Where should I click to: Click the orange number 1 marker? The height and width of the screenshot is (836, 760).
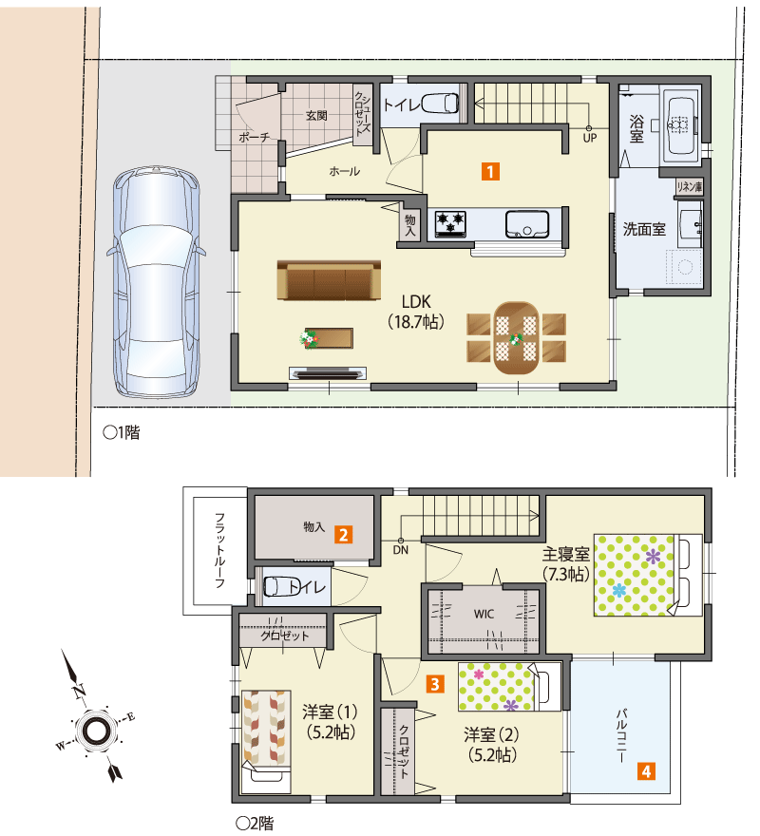[x=490, y=172]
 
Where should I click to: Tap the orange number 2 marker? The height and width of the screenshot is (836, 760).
[x=343, y=535]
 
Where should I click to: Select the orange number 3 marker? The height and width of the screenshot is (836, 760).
[x=435, y=684]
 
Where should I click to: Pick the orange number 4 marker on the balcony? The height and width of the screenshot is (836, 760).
[x=646, y=771]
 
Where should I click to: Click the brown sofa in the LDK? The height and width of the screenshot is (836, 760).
[x=329, y=280]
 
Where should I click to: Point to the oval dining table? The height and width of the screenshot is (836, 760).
[x=516, y=338]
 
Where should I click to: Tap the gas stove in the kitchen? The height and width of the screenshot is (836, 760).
[x=450, y=224]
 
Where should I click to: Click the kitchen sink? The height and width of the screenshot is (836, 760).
[x=527, y=224]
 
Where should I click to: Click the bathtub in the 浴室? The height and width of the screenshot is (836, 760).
[x=680, y=125]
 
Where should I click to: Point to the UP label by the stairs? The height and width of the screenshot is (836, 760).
[x=589, y=138]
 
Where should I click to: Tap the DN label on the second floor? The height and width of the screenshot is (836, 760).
[x=401, y=550]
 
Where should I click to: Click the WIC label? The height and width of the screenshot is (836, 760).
[x=484, y=614]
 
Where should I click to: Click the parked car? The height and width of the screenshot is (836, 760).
[x=156, y=281]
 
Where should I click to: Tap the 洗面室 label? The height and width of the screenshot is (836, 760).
[x=644, y=229]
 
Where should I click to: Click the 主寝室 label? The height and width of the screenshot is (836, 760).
[x=566, y=554]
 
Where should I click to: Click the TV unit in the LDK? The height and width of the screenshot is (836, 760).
[x=328, y=372]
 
